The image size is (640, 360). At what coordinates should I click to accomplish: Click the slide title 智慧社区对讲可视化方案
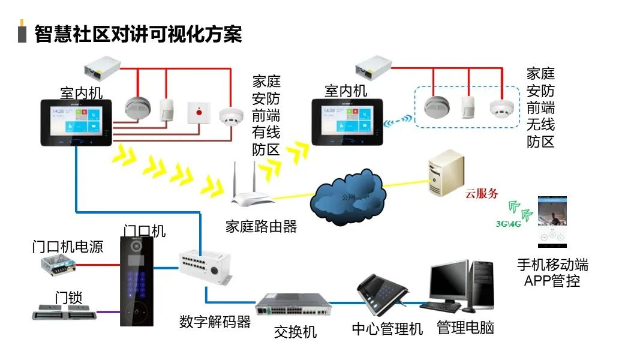[138, 34]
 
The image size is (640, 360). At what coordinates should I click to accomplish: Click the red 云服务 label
[482, 194]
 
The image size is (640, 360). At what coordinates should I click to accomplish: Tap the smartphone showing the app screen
[552, 223]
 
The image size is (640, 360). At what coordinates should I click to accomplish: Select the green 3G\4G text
[508, 224]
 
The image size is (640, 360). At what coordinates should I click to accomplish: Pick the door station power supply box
[58, 264]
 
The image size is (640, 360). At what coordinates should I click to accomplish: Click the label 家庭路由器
[261, 226]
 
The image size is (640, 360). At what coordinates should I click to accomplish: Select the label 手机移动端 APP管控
[552, 272]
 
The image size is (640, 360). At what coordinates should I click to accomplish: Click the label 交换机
[295, 331]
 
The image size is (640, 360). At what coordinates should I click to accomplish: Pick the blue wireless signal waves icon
[399, 120]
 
